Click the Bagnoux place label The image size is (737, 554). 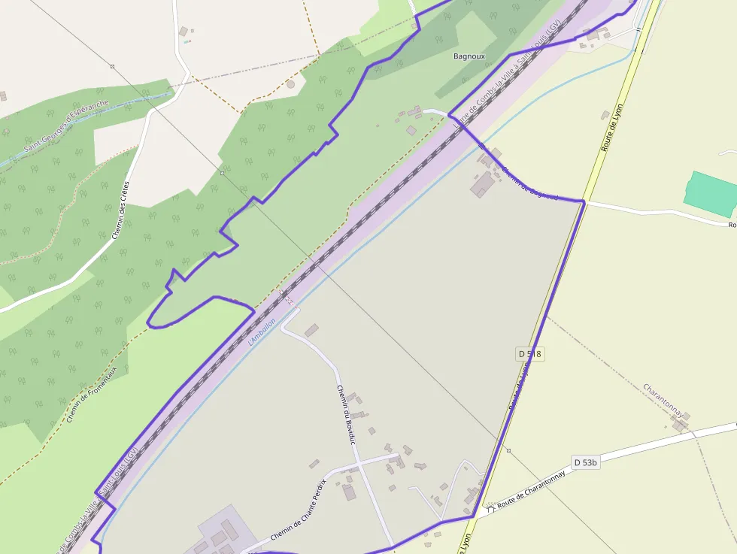469,56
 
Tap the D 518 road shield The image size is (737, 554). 529,353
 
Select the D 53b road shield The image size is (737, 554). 585,462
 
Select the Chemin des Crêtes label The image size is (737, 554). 120,210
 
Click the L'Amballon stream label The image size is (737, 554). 262,331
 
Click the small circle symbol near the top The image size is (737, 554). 290,84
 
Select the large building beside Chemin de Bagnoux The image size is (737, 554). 481,184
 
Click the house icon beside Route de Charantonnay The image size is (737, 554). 491,509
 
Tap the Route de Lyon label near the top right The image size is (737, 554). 613,128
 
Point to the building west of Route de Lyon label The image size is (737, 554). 605,115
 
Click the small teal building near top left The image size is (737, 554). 187,41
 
